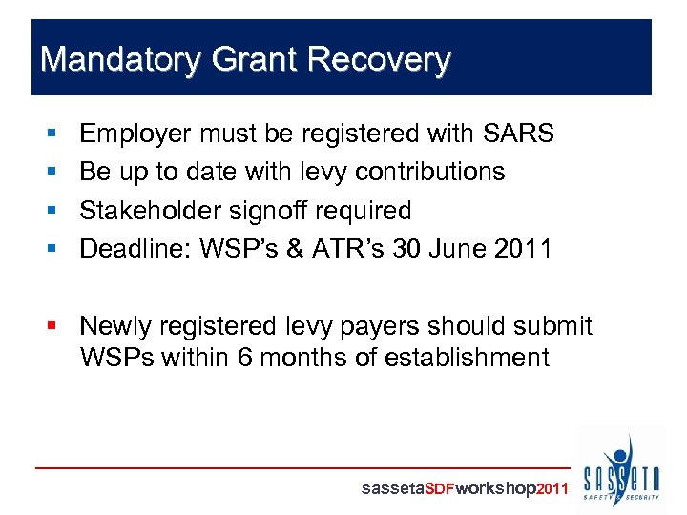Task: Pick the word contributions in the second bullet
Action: click(429, 172)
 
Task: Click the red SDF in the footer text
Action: click(439, 488)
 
